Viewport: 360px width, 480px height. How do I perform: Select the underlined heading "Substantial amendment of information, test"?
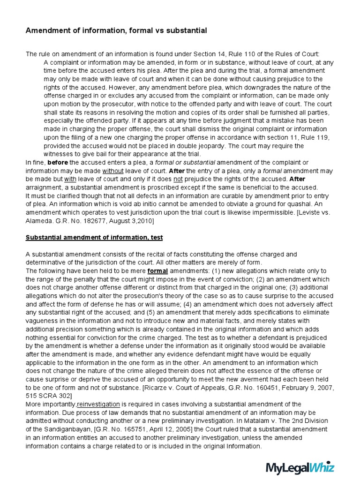point(94,238)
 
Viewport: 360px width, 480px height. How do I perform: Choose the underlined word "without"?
point(112,171)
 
